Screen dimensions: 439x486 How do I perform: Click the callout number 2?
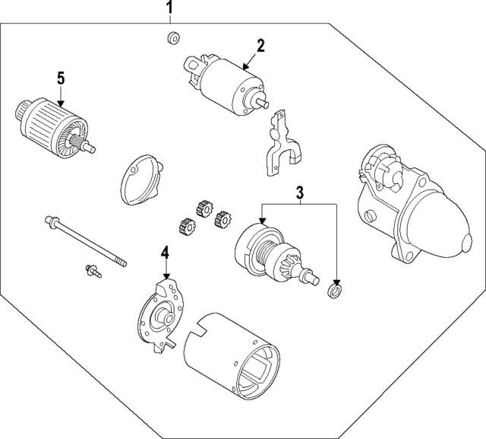[260, 45]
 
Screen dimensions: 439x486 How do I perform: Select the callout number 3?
[300, 192]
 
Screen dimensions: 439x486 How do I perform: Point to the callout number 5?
[62, 78]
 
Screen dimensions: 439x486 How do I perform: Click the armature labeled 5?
[52, 126]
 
